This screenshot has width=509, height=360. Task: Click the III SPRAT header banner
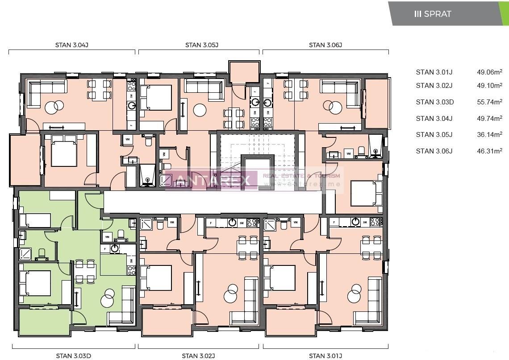click(x=446, y=13)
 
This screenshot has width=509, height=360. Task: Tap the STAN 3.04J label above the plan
click(x=71, y=45)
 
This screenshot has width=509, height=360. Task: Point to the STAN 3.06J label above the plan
click(x=325, y=45)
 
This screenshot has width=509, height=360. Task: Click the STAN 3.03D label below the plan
click(x=74, y=356)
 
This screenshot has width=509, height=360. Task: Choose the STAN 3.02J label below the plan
click(x=199, y=356)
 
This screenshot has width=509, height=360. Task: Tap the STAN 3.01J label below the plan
click(x=325, y=356)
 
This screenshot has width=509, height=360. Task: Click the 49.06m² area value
click(x=489, y=72)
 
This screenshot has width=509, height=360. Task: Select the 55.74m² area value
click(x=489, y=102)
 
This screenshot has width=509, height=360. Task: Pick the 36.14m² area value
click(x=489, y=134)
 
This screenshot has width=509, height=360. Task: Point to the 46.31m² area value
click(x=489, y=151)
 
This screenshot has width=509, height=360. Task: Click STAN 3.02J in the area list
click(x=434, y=85)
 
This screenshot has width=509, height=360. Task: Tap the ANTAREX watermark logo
click(x=212, y=180)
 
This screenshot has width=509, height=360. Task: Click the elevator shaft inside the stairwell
click(x=257, y=172)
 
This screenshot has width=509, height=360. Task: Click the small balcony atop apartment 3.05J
click(x=243, y=72)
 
